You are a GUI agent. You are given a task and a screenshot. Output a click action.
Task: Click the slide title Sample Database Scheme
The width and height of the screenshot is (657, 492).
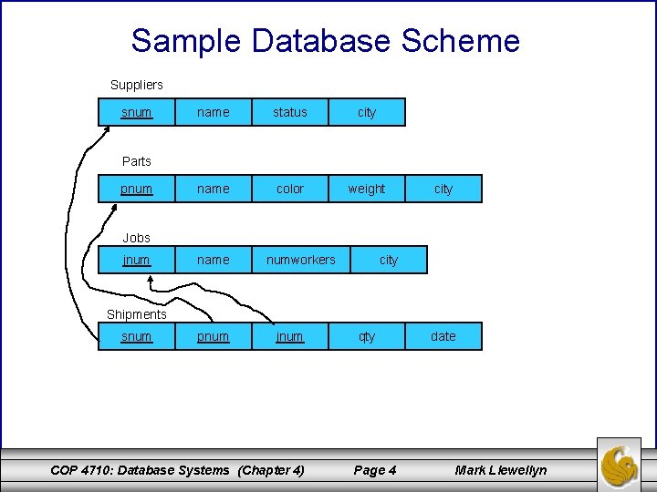[325, 41]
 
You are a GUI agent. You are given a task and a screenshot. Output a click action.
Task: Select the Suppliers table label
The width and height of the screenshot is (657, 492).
[137, 85]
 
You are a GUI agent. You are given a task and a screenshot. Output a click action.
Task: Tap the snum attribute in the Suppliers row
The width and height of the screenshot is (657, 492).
[137, 112]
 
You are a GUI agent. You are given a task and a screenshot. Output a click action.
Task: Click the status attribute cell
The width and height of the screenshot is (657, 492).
[290, 112]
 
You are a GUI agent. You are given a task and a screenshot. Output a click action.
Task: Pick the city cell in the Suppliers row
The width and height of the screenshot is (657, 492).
[367, 112]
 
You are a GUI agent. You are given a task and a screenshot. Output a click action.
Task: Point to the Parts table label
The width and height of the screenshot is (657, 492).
[137, 161]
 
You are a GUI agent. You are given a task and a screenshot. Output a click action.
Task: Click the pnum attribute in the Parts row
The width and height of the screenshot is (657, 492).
[137, 189]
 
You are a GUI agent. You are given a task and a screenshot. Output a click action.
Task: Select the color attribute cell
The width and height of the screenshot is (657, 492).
[290, 189]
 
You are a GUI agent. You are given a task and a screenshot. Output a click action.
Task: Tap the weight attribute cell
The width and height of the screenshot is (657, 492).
[367, 189]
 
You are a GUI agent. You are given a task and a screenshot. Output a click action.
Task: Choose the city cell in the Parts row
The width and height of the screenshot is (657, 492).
[443, 189]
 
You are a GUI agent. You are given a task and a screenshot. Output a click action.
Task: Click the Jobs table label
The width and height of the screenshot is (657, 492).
[137, 238]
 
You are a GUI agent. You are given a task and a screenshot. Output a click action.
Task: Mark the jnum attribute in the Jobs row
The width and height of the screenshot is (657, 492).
[137, 260]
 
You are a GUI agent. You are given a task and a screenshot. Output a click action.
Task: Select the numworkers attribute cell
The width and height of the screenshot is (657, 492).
[301, 260]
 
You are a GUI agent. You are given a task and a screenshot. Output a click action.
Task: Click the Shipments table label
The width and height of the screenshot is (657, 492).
[137, 314]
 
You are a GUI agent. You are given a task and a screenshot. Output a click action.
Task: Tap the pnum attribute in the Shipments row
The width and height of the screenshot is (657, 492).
[214, 336]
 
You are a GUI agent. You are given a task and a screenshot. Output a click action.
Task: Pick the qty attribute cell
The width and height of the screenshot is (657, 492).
[367, 336]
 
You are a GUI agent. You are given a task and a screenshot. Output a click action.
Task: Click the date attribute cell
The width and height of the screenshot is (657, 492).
[443, 336]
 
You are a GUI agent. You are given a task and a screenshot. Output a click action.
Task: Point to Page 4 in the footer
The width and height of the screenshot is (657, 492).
[375, 470]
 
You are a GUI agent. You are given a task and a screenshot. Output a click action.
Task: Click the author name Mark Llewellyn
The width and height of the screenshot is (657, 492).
[501, 470]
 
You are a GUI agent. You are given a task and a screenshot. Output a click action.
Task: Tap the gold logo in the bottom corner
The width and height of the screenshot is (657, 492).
[620, 464]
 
